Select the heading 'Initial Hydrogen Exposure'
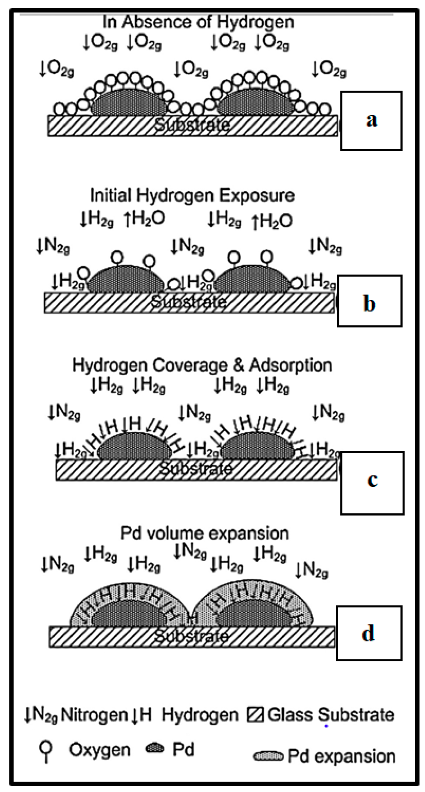pos(192,195)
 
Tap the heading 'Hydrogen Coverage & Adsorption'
pos(202,365)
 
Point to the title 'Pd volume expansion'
pos(204,533)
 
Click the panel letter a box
pos(371,121)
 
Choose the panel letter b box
pos(369,301)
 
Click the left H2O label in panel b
pos(144,219)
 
